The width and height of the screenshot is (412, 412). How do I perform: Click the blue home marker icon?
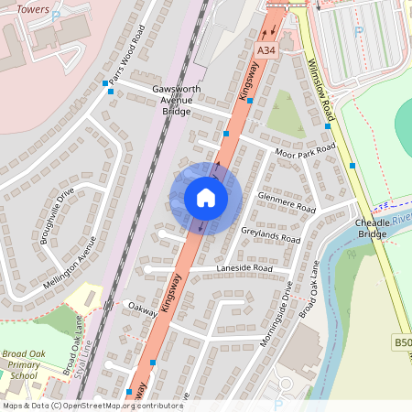point(205,198)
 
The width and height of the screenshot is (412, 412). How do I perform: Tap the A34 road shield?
point(266,49)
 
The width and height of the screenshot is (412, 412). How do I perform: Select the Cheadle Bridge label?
point(372,228)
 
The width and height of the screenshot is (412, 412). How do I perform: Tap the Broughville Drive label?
point(52,211)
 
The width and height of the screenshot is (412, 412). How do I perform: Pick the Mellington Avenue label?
point(69,263)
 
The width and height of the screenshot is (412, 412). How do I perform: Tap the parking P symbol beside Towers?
point(57,16)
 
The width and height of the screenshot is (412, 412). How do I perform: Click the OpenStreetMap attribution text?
point(92,405)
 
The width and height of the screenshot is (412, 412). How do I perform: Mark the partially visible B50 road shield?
point(402,342)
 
